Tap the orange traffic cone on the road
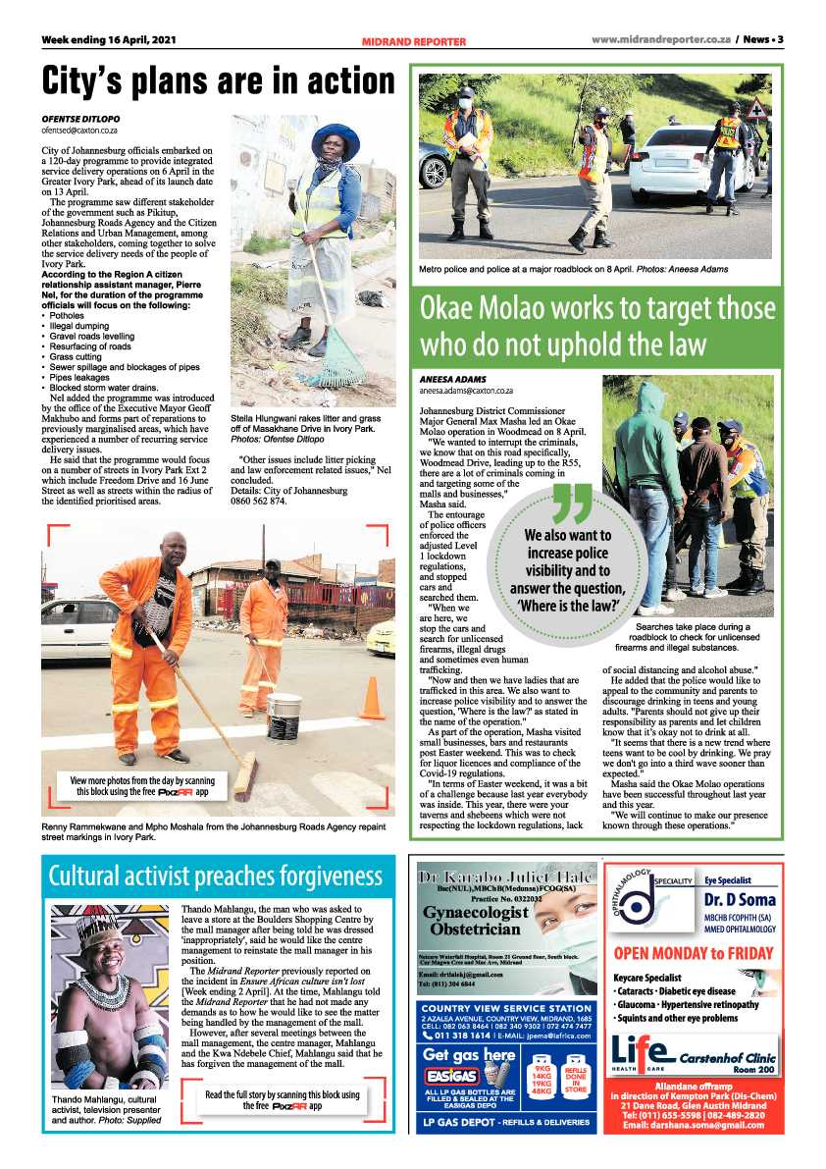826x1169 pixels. [x=372, y=699]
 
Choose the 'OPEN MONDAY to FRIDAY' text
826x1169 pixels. [x=693, y=953]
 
